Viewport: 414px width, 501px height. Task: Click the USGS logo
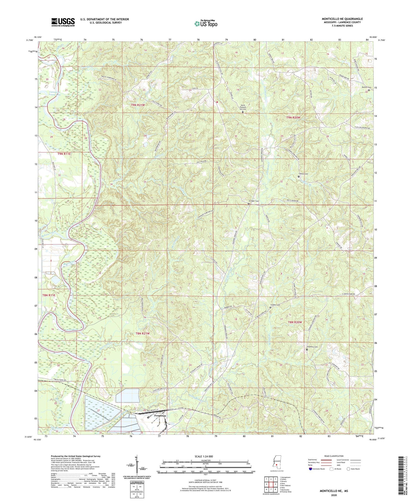coord(63,22)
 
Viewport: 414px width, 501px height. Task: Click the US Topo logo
coord(206,24)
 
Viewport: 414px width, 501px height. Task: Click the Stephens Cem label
coord(312,347)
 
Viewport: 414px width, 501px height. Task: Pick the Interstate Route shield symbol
coord(310,469)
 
